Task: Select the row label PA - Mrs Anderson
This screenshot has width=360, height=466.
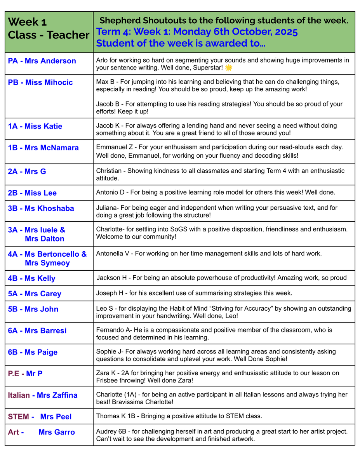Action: [42, 61]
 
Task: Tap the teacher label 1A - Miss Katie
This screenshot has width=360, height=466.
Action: [35, 126]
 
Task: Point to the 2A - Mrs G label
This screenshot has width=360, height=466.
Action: [27, 171]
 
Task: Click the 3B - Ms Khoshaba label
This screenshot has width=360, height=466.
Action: [41, 209]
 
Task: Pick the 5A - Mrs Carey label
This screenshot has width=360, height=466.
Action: [35, 294]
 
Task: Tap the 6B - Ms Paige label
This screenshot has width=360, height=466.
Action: [33, 352]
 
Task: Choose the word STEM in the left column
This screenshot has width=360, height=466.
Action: [18, 417]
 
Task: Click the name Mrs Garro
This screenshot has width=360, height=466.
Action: [57, 432]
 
